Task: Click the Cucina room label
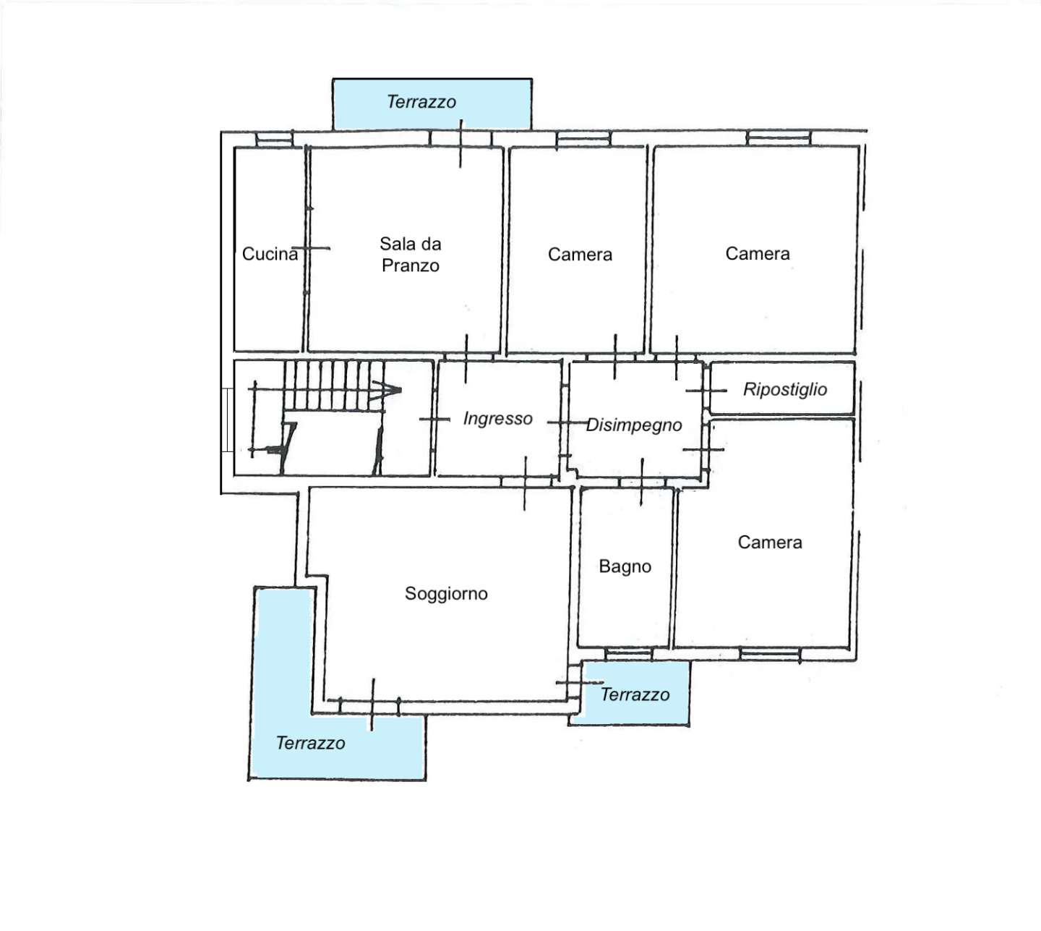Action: click(x=270, y=254)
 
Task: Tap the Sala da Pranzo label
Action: click(x=411, y=255)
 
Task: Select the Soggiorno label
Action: click(x=446, y=595)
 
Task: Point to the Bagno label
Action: click(x=625, y=566)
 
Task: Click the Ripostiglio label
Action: click(x=785, y=390)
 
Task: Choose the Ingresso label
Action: click(x=497, y=419)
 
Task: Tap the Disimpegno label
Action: click(x=634, y=425)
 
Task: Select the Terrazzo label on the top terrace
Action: click(x=421, y=102)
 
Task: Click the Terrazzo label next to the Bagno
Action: click(x=635, y=695)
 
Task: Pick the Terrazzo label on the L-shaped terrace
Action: click(x=310, y=744)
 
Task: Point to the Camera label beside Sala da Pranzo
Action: click(x=580, y=255)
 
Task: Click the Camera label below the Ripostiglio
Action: click(x=770, y=543)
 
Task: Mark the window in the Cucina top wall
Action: click(x=274, y=138)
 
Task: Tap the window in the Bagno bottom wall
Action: click(x=628, y=655)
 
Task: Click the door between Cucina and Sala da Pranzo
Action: click(x=310, y=248)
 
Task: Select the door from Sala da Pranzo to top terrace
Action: click(x=460, y=143)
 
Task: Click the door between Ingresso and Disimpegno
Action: click(x=566, y=422)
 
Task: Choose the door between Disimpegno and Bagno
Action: click(x=642, y=482)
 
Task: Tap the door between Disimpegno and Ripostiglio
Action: click(x=706, y=391)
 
